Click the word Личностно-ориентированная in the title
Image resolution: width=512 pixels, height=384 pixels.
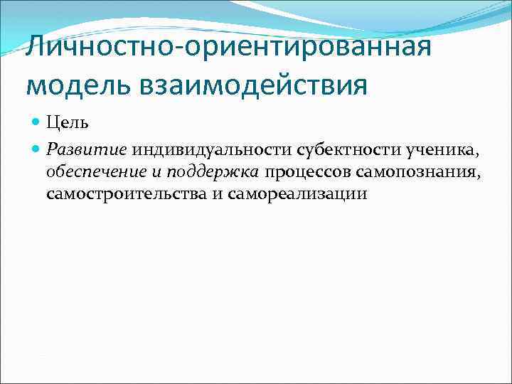tap(228, 49)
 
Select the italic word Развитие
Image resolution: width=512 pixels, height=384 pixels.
tap(86, 150)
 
